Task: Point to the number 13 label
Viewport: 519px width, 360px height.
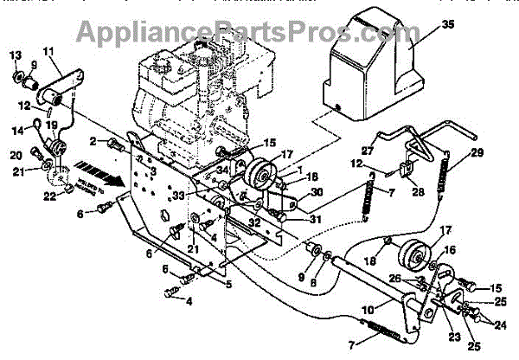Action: [15, 56]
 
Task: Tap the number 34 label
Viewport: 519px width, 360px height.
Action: [221, 170]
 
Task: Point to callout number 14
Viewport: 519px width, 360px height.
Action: [17, 131]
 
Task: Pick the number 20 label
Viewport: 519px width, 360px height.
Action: [16, 156]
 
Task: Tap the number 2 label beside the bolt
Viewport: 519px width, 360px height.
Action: [92, 141]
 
